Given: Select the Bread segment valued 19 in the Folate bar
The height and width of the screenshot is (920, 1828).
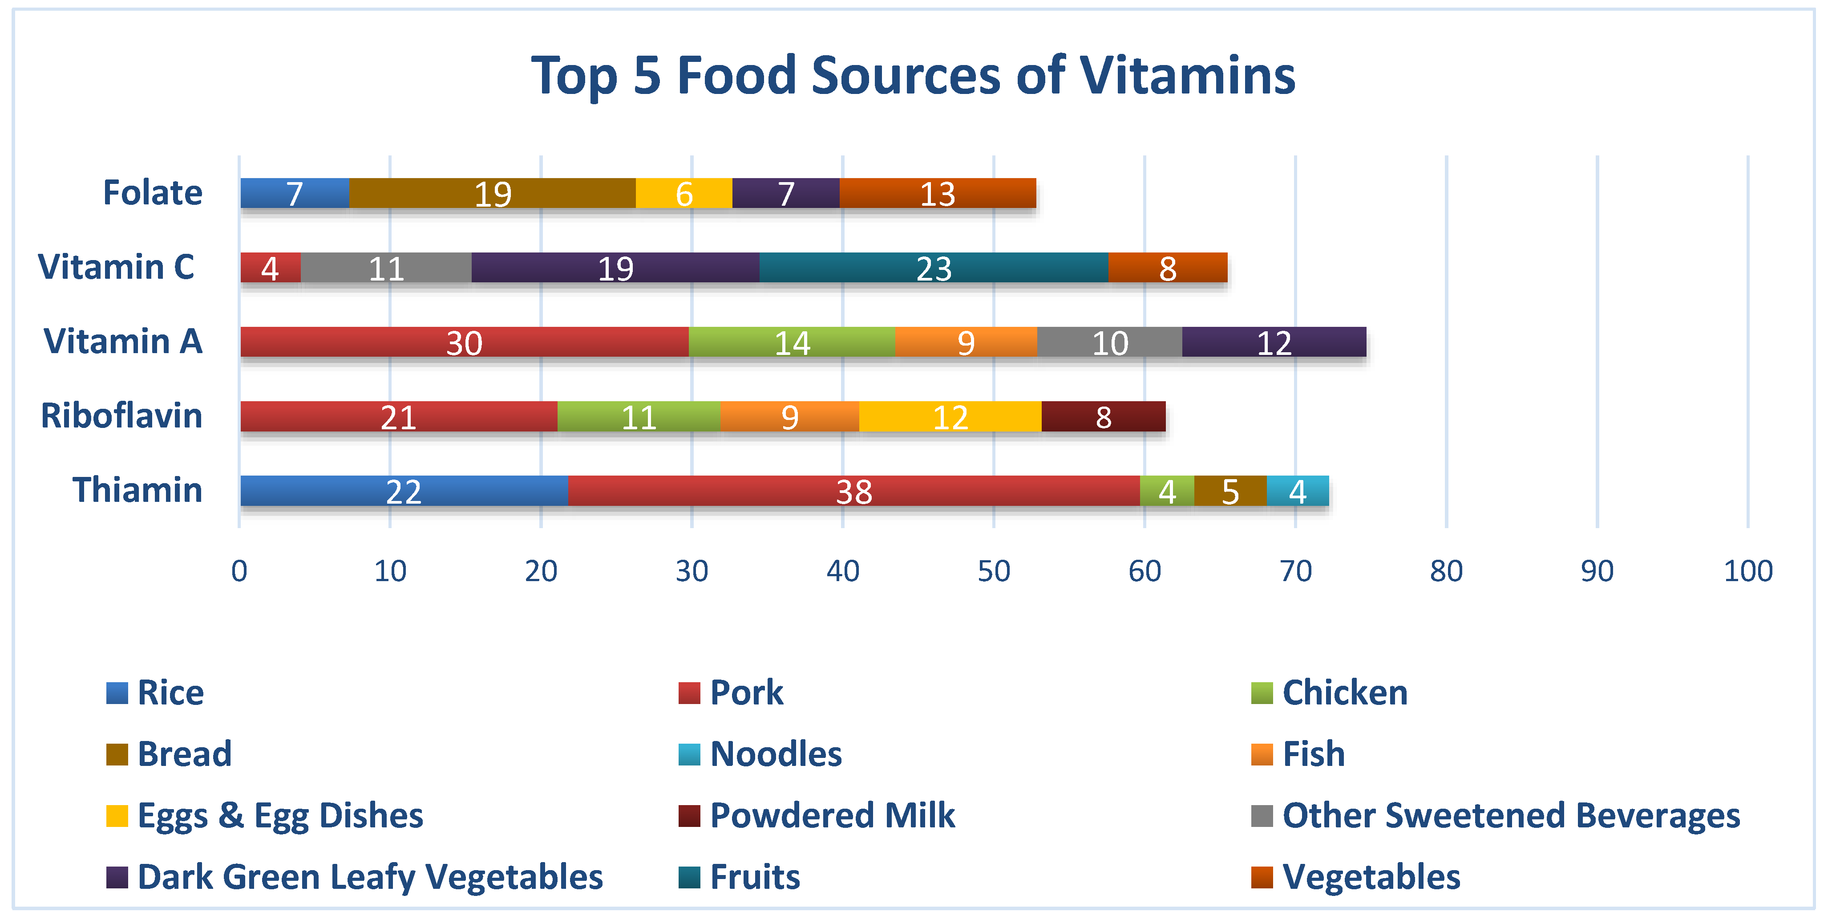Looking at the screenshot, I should tap(493, 193).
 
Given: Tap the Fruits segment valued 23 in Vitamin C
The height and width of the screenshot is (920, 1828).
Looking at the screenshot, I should tap(933, 268).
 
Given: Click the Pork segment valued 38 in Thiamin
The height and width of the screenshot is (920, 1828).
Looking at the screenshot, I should tap(853, 491).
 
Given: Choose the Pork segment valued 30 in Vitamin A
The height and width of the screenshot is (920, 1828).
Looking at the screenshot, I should tap(464, 342).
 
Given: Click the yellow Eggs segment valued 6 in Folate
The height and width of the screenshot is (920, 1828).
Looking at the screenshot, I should tap(683, 193).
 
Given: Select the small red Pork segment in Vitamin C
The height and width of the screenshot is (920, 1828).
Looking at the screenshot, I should tap(271, 268).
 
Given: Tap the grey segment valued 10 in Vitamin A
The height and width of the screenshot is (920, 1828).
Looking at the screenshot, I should tap(1109, 342).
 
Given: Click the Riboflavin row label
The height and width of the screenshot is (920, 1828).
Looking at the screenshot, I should tap(121, 415).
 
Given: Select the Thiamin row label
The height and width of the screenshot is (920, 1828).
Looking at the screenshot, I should tap(137, 490).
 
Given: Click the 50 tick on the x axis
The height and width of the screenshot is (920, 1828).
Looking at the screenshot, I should tap(994, 571).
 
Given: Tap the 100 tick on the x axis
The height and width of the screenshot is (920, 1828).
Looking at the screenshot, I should tap(1748, 571).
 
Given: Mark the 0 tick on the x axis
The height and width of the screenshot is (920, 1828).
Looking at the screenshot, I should tap(239, 571).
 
